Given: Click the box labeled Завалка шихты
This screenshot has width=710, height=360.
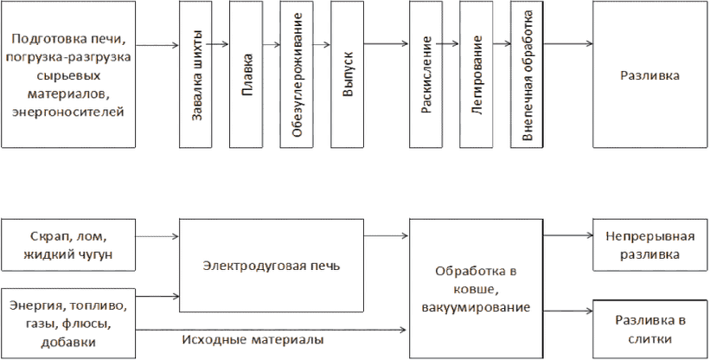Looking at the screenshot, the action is tap(195, 74).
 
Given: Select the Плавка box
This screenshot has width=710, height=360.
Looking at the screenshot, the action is tap(246, 74).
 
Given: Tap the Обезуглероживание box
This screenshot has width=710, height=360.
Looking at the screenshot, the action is tap(297, 74).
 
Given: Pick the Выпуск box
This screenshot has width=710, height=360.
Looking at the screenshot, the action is tap(348, 74).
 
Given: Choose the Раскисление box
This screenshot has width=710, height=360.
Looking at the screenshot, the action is tap(426, 74).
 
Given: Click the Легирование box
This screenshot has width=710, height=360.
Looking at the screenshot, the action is tap(477, 74).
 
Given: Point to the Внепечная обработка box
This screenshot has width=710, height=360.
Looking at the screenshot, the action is tap(527, 74).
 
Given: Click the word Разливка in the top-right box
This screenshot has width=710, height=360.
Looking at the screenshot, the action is tap(649, 75).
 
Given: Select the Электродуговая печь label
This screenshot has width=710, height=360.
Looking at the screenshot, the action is tap(272, 266).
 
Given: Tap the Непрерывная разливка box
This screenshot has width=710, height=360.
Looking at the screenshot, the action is tap(649, 245).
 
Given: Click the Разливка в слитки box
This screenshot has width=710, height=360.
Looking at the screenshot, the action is tap(649, 329).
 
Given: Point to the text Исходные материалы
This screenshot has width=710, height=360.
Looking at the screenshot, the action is tap(253, 339).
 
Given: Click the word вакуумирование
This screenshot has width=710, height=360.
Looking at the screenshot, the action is tap(476, 308).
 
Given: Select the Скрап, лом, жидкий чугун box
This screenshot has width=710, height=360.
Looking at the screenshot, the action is tap(68, 245).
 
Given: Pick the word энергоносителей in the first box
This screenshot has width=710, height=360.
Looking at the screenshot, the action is tap(68, 112).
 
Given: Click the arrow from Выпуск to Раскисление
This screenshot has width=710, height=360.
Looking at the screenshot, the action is tap(387, 44).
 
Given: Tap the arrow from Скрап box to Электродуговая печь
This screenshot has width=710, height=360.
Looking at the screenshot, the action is tap(157, 236).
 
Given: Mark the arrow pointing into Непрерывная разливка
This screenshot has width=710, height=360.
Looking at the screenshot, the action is tap(568, 235).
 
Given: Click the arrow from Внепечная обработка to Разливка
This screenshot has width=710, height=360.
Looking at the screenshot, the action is tap(568, 44).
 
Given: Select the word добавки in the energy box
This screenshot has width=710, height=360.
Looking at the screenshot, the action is tap(68, 343).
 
